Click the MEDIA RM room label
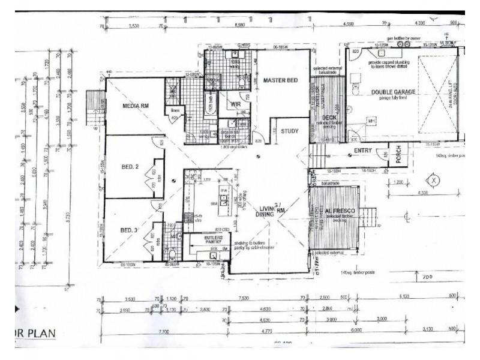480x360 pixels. pyautogui.click(x=136, y=106)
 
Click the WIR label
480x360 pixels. pyautogui.click(x=235, y=104)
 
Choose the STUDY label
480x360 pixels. pyautogui.click(x=290, y=130)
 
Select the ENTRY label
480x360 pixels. pyautogui.click(x=363, y=151)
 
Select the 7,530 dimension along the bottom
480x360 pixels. pyautogui.click(x=243, y=298)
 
